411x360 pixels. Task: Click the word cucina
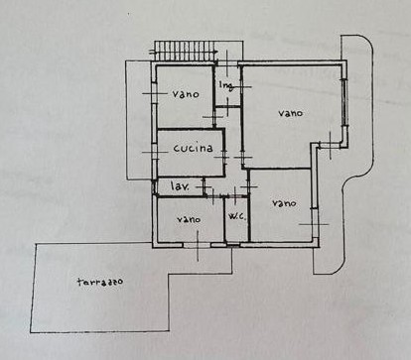coord(193,148)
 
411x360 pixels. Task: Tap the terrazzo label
coord(100,282)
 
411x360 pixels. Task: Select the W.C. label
coord(237,217)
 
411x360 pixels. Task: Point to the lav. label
coord(180,186)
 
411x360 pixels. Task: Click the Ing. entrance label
coord(226,85)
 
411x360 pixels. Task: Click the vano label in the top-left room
coord(186,94)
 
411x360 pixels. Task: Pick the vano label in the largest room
coord(290,113)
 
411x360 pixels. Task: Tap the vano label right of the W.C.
coord(284,203)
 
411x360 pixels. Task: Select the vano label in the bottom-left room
coord(189,219)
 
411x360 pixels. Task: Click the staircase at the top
coord(184,51)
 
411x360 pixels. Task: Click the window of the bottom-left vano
coord(197,245)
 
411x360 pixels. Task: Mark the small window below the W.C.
coord(232,245)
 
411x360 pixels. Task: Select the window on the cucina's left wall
coord(154,152)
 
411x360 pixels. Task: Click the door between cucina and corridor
coord(224,157)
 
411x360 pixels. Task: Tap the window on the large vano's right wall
coord(345,102)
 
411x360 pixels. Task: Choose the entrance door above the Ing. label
coord(227,63)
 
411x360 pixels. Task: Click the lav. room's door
coord(205,186)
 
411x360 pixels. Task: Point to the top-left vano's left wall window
coord(154,93)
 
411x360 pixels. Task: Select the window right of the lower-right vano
coord(315,223)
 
